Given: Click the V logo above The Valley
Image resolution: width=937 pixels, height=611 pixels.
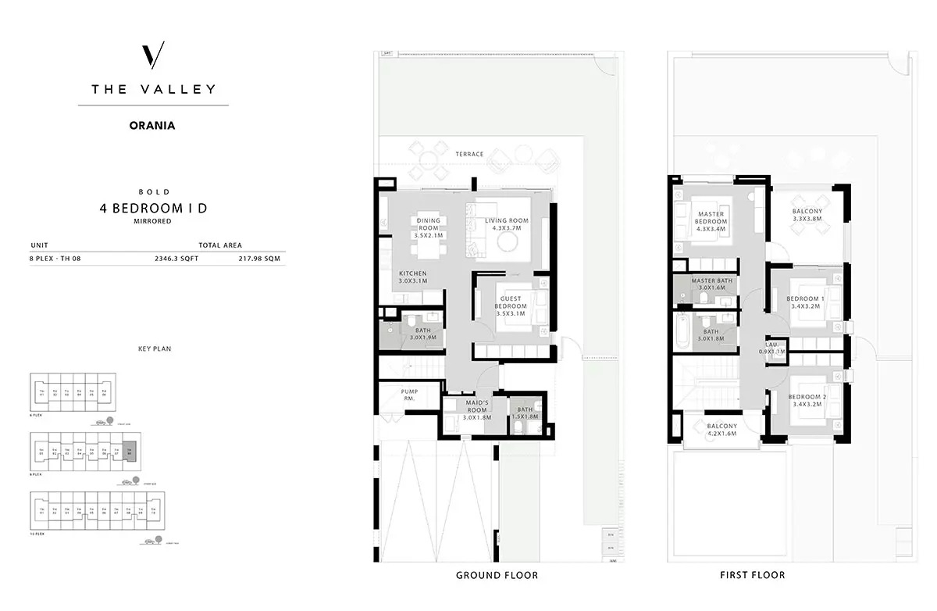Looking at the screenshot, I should click(x=154, y=56).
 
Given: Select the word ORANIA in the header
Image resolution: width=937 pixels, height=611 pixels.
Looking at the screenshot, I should click(x=153, y=123).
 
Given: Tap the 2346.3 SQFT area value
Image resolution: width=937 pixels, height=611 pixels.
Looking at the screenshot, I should click(x=176, y=259).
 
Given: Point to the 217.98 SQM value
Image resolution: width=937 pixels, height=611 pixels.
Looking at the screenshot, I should click(x=261, y=259).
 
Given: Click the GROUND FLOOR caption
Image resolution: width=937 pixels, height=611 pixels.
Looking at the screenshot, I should click(x=497, y=576).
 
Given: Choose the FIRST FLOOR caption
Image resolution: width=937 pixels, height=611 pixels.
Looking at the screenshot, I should click(x=753, y=576).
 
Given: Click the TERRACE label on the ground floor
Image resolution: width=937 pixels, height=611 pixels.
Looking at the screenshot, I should click(x=469, y=154).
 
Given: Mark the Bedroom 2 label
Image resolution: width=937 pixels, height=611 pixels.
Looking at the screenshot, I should click(x=804, y=398).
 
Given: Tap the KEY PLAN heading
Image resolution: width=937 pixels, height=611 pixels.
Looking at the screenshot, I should click(x=153, y=348).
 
